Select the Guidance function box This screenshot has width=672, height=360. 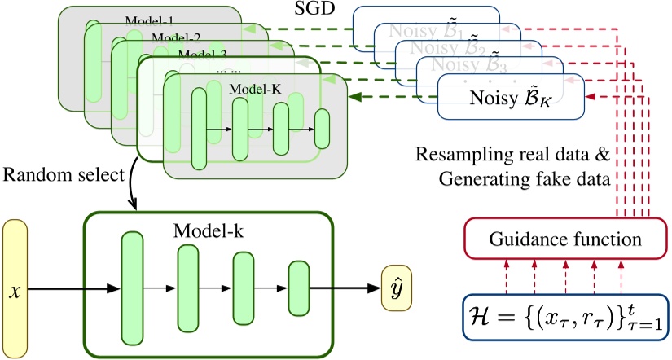point(561,240)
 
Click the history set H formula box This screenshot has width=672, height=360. point(561,318)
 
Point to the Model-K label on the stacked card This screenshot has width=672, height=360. point(256,87)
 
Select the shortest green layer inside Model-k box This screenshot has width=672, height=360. point(298,286)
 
